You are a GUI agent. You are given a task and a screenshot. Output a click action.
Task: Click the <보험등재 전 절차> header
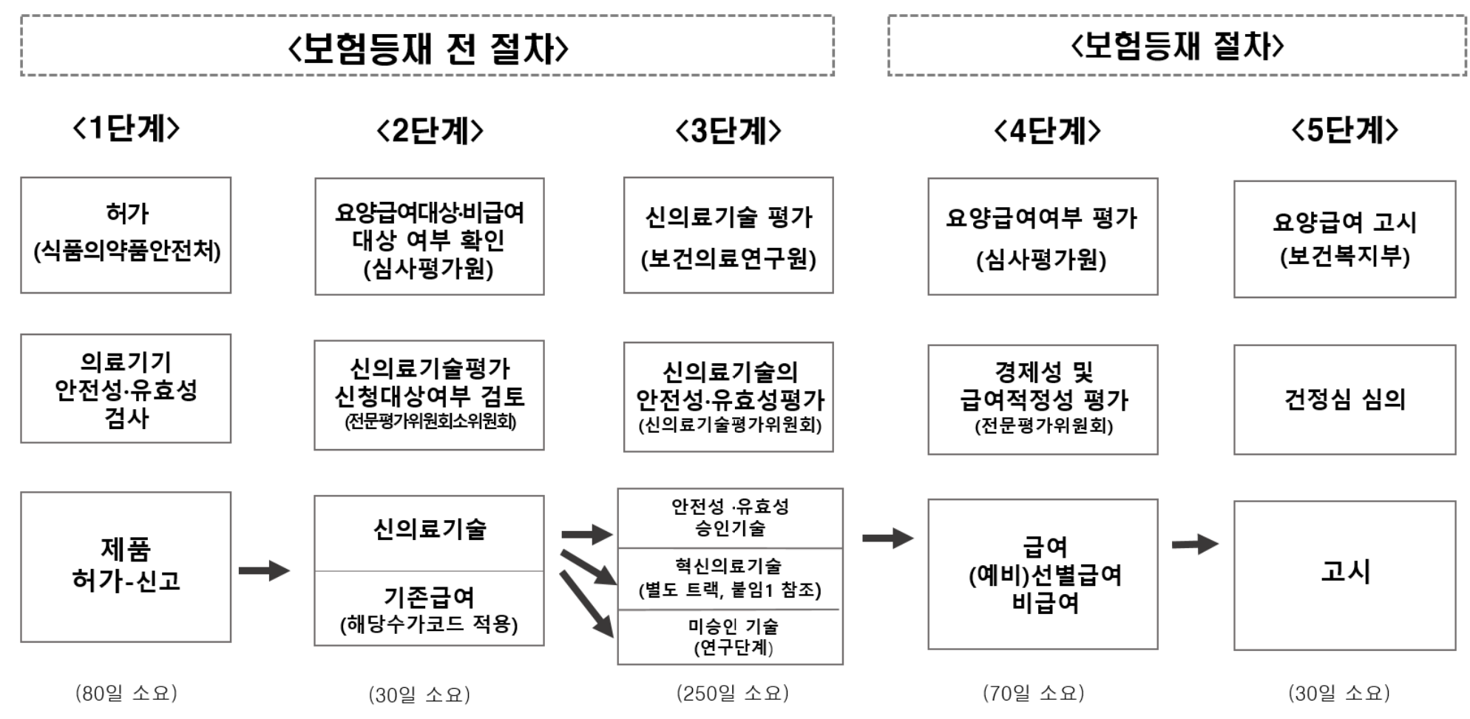427,47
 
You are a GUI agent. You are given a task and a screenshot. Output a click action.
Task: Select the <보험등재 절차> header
1176,46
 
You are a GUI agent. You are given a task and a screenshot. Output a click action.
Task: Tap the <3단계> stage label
728,131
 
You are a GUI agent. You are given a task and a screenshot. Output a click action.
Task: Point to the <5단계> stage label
1344,130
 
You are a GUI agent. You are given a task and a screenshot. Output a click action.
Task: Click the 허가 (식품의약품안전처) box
126,235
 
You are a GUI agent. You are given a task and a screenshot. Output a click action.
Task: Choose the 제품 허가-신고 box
126,567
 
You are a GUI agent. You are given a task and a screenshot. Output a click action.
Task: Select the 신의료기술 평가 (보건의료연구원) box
728,235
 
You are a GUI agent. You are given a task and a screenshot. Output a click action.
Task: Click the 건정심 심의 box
1344,399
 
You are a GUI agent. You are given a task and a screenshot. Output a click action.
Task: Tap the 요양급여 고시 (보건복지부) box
1344,239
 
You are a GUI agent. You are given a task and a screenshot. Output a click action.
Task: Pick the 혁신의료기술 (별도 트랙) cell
730,578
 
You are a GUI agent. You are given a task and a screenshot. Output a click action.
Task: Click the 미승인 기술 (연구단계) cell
730,637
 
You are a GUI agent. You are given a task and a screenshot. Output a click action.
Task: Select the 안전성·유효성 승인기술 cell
730,518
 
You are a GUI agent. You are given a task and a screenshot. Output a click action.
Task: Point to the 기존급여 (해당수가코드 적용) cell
429,609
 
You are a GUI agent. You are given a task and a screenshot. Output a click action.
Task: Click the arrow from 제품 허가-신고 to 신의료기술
264,570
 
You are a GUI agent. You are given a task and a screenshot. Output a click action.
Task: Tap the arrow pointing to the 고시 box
1195,545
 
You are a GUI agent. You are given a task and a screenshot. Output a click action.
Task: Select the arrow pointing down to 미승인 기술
587,603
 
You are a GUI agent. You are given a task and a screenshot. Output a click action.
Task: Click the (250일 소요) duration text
732,693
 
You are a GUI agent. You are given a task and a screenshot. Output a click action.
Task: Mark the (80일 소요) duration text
126,693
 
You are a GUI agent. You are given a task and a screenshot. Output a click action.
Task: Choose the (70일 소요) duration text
1033,693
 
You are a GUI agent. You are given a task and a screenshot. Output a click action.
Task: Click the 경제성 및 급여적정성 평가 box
1043,399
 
